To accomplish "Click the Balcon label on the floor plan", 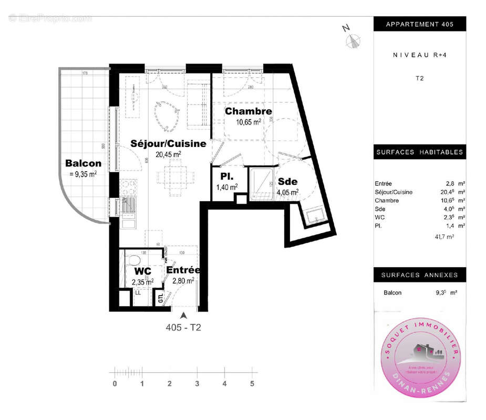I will tap(83, 163).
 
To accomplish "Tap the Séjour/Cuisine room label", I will tap(168, 143).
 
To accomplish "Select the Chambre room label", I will tap(249, 111).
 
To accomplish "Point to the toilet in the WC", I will tap(134, 260).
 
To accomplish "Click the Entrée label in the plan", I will tap(183, 270).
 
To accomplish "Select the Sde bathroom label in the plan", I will tap(287, 181).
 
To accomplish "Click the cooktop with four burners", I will tap(129, 186).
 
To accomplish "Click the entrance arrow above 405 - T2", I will tap(183, 316).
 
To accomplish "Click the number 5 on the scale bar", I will tap(252, 384).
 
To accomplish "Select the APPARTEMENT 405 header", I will tap(419, 25).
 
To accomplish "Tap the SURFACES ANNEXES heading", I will tap(419, 275).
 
